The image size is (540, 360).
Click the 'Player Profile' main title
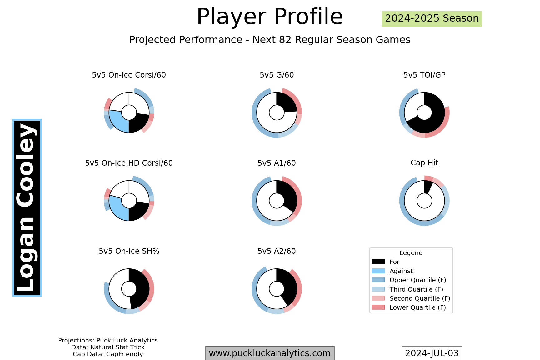(270, 17)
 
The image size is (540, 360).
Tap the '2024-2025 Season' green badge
(432, 19)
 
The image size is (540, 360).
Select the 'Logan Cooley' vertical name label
(27, 208)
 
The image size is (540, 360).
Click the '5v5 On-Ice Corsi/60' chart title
(129, 75)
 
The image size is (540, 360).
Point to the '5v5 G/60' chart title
(277, 75)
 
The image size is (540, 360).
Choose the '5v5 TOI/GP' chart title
(424, 75)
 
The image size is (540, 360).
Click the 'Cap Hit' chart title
(424, 163)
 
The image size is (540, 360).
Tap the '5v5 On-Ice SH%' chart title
(129, 251)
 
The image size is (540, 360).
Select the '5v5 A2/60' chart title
(277, 251)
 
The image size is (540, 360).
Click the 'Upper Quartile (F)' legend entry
(409, 280)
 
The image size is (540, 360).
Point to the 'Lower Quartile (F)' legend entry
(409, 307)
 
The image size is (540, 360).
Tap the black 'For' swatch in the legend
(378, 262)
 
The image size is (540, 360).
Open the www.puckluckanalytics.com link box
(270, 353)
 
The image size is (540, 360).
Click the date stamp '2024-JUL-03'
(432, 353)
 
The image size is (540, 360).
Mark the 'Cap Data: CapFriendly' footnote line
(108, 354)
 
